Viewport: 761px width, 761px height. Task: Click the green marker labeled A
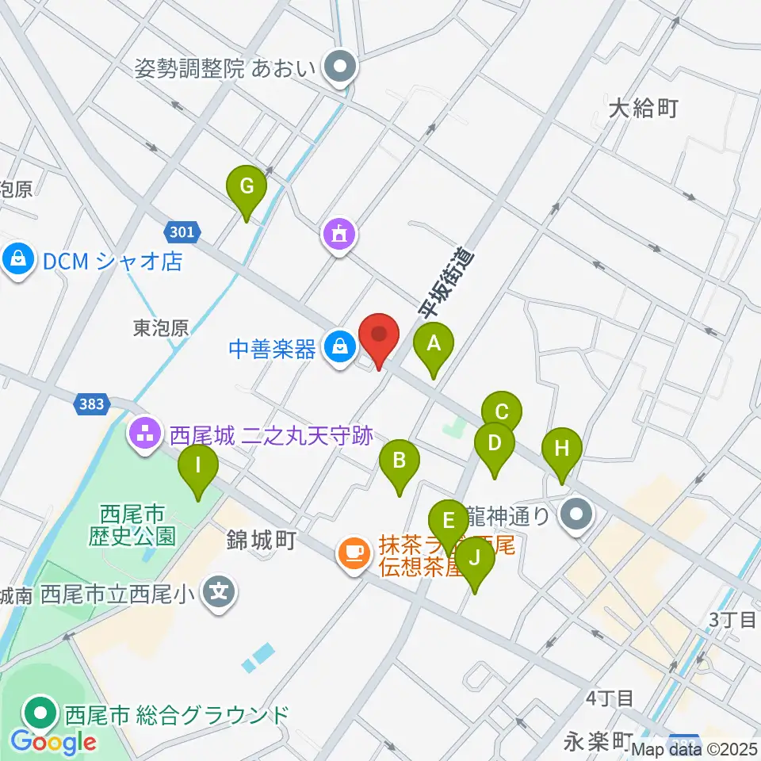pos(434,346)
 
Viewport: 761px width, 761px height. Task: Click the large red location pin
pos(379,336)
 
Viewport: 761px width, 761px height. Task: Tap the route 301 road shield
pos(181,231)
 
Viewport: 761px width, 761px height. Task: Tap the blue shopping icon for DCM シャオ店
pos(17,259)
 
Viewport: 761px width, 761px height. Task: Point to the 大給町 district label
pos(644,108)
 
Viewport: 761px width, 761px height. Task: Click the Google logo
pos(54,742)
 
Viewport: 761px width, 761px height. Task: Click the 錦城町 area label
pos(261,541)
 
